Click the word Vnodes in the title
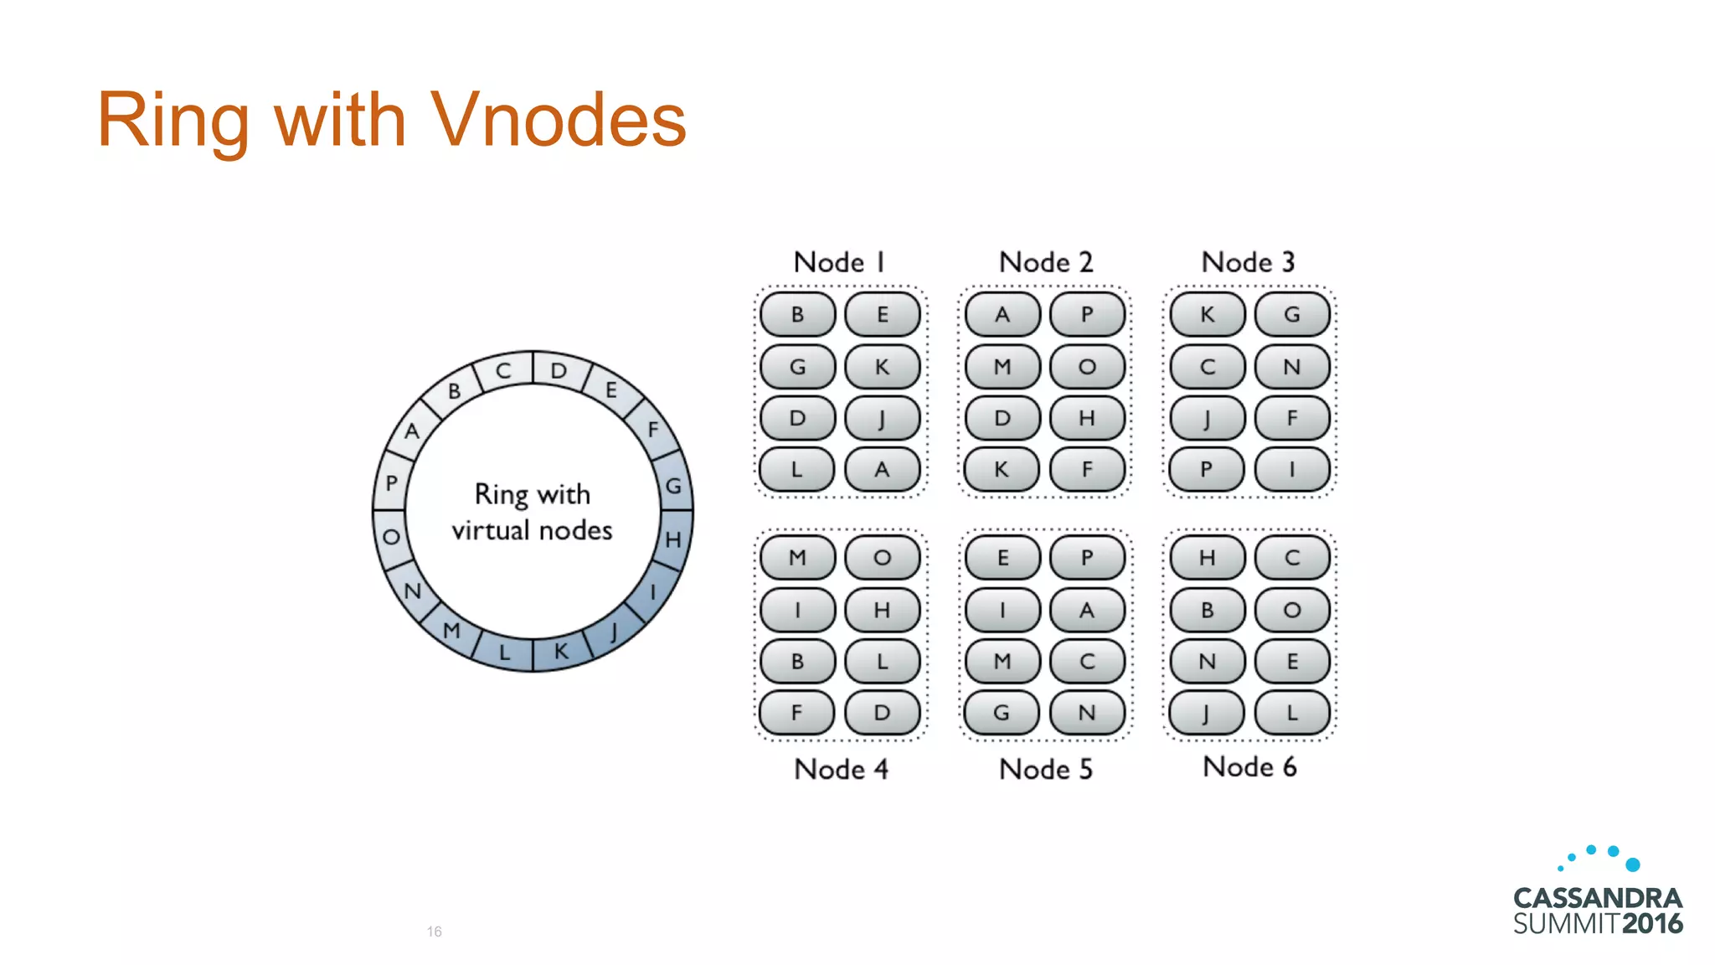(559, 120)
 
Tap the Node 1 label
(839, 262)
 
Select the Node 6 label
(1249, 766)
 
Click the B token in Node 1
(797, 315)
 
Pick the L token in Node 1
(797, 469)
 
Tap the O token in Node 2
(1087, 367)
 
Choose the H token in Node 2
(1087, 418)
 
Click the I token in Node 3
(1292, 469)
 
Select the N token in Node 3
(1292, 367)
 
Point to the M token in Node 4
(797, 558)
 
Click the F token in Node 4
(797, 713)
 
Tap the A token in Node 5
(1087, 610)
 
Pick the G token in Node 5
(1002, 713)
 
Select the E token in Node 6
(1292, 662)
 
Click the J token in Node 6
(1207, 713)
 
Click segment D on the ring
(559, 370)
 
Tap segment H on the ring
(674, 539)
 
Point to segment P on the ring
(391, 483)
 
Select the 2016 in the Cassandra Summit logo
(1652, 924)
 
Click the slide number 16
(434, 931)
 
